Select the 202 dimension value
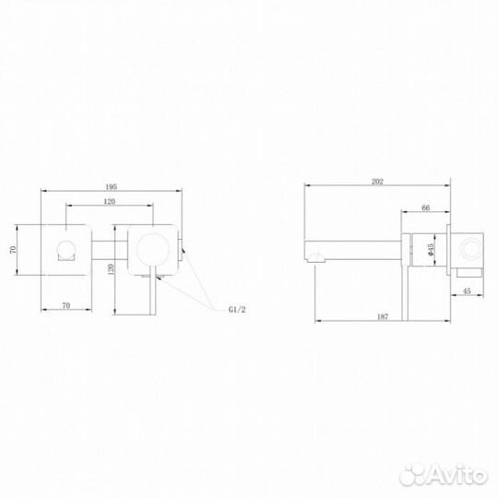(x=377, y=183)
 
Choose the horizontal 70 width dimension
(x=66, y=303)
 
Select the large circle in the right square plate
(x=151, y=246)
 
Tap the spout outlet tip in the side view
(x=309, y=250)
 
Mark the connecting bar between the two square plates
(x=109, y=246)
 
